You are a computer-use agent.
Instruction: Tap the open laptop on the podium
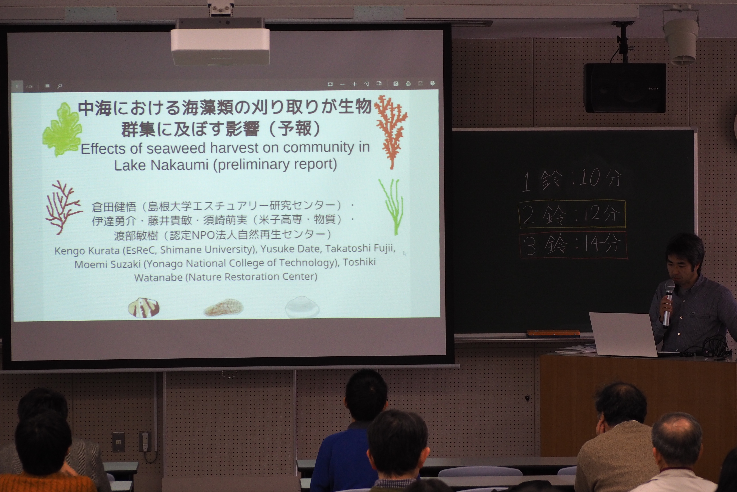[624, 334]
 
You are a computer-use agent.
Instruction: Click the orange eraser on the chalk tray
[553, 333]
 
